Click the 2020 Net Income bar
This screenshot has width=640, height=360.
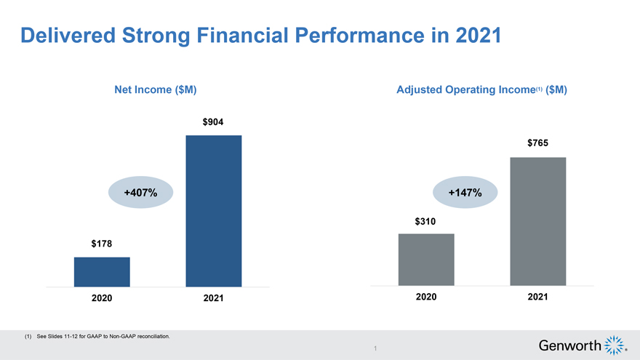pos(102,272)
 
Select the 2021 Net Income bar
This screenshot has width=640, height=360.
pos(214,211)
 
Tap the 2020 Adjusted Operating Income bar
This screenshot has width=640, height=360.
pos(426,260)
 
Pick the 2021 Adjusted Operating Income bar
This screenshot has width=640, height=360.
pos(538,221)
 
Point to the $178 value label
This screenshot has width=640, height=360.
pos(102,244)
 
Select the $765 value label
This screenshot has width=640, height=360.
pos(538,144)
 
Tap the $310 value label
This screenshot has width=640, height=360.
pos(426,220)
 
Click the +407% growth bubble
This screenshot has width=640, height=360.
pos(141,193)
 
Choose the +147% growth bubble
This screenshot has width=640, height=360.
pos(465,193)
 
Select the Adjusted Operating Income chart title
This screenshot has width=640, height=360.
pos(481,90)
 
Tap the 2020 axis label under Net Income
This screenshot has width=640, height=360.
pos(102,299)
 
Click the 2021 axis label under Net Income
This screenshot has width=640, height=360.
pos(213,299)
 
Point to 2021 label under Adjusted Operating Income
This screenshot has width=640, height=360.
pos(538,297)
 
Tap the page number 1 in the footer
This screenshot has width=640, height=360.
pos(374,349)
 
